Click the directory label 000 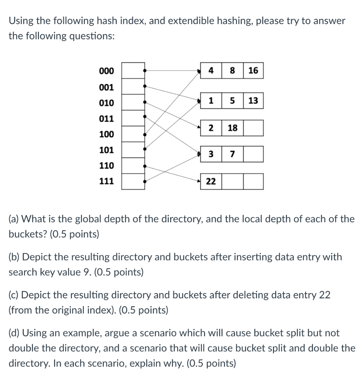pos(107,71)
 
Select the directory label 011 pos(107,119)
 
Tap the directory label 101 pos(107,150)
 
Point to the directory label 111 pos(107,181)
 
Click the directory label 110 pos(107,166)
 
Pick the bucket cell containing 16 pos(253,71)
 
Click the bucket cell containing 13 pos(253,101)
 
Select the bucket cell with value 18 pos(232,128)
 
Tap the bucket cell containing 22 pos(211,181)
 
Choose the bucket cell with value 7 pos(232,154)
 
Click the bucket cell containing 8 pos(232,71)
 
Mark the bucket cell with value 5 pos(232,101)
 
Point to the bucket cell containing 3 pos(211,154)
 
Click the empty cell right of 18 pos(253,128)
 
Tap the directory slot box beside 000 pos(133,71)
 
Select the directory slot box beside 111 pos(133,182)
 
